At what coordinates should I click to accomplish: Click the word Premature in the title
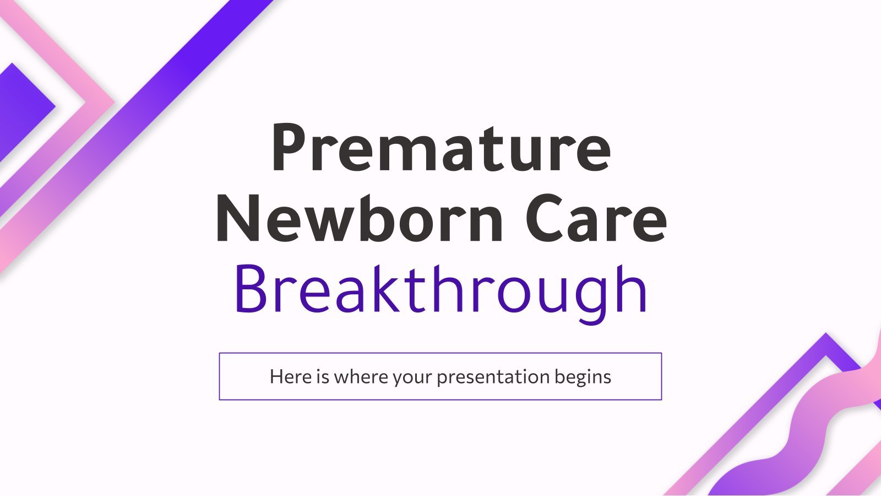pyautogui.click(x=441, y=148)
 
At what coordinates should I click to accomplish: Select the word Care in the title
pyautogui.click(x=596, y=218)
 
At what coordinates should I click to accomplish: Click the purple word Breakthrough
pyautogui.click(x=441, y=293)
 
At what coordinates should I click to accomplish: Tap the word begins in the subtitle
pyautogui.click(x=583, y=377)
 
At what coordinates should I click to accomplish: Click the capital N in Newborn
pyautogui.click(x=238, y=218)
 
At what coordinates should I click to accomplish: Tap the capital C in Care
pyautogui.click(x=545, y=218)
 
